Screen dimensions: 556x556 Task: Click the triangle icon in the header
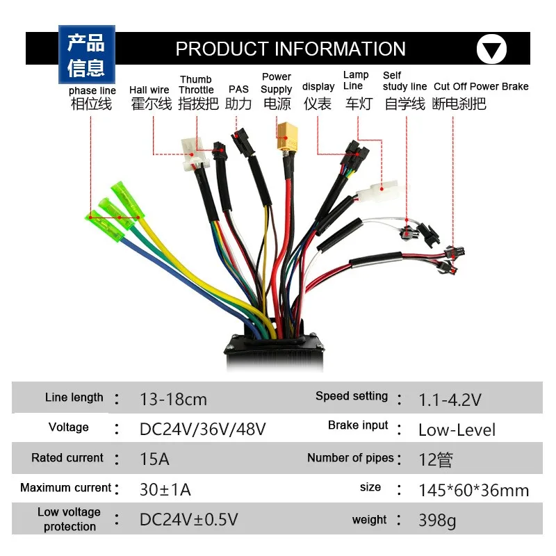click(x=491, y=49)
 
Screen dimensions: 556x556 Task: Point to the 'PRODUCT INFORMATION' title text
click(x=291, y=49)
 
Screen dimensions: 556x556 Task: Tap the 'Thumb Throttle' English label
click(x=196, y=85)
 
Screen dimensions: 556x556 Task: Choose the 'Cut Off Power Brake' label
click(x=481, y=87)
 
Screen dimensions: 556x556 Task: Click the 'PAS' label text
click(x=238, y=90)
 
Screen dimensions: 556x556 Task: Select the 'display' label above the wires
click(x=318, y=87)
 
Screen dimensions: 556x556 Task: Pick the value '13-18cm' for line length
click(x=173, y=400)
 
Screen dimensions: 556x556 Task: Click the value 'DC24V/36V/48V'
click(x=202, y=430)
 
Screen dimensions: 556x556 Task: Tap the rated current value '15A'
click(x=154, y=459)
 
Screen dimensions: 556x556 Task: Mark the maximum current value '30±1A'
click(x=165, y=489)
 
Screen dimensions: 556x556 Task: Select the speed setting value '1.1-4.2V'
click(x=450, y=400)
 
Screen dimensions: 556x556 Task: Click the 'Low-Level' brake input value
click(x=457, y=430)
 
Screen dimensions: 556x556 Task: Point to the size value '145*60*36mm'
click(x=473, y=490)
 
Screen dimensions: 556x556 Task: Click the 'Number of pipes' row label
click(x=350, y=458)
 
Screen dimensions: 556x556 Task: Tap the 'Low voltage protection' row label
click(x=69, y=519)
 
